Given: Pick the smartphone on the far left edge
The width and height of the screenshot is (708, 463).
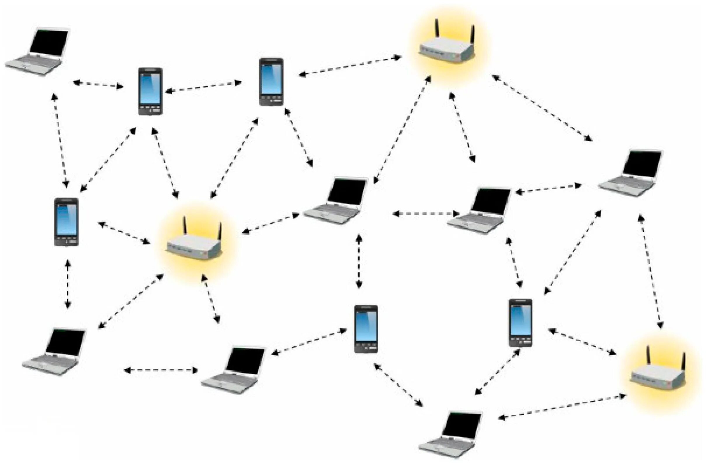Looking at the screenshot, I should [66, 222].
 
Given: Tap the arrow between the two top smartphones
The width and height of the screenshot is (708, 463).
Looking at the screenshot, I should [203, 86].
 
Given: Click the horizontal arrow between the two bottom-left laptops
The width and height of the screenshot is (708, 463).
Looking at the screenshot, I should [161, 370].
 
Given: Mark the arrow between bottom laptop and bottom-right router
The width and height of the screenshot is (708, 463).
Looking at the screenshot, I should [562, 407].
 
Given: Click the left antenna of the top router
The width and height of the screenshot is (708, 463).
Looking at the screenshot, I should [437, 28].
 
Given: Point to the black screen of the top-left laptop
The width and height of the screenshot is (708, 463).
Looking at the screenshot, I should [49, 42].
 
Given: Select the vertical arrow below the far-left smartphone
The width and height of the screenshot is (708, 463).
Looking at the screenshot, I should [68, 285].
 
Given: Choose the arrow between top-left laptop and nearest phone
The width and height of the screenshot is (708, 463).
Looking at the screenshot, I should [98, 84].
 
